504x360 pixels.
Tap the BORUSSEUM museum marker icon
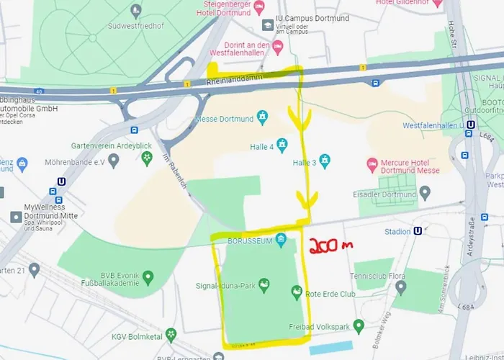click(281, 238)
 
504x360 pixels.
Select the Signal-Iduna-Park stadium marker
click(264, 286)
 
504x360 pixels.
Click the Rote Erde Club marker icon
click(296, 291)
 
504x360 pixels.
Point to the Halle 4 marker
click(283, 145)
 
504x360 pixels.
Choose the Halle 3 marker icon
click(325, 160)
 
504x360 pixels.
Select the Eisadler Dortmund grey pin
click(425, 192)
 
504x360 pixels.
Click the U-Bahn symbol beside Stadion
click(418, 231)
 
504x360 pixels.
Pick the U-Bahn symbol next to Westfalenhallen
click(470, 125)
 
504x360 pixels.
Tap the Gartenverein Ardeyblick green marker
click(146, 156)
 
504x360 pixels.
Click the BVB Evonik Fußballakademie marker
click(148, 276)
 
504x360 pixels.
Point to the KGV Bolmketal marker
click(171, 334)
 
